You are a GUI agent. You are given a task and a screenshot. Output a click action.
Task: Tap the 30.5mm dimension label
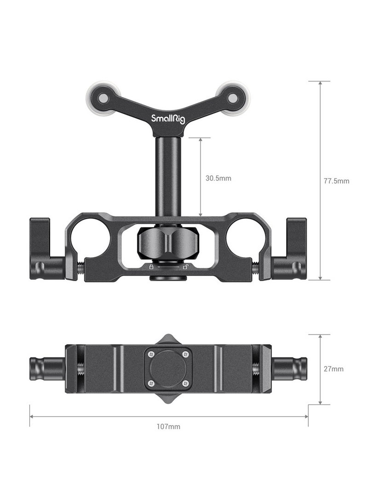218,178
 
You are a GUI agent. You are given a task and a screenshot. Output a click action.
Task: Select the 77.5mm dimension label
336,181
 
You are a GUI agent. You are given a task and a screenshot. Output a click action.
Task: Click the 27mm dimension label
333,369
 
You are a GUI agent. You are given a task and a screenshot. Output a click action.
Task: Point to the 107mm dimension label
168,427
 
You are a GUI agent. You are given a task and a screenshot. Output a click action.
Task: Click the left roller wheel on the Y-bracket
103,98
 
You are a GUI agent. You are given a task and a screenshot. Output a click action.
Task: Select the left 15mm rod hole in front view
91,237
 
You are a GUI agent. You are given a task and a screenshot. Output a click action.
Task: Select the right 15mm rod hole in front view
245,237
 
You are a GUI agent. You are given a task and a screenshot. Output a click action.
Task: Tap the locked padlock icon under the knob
151,267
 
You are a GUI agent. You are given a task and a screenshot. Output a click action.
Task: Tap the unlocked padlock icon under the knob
185,267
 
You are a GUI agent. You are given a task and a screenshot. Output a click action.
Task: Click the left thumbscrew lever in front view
45,251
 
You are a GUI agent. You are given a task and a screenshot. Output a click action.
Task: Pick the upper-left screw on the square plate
151,354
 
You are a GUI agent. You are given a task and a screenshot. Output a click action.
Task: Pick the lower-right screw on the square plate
185,383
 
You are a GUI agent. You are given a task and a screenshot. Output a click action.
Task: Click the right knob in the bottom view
289,369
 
